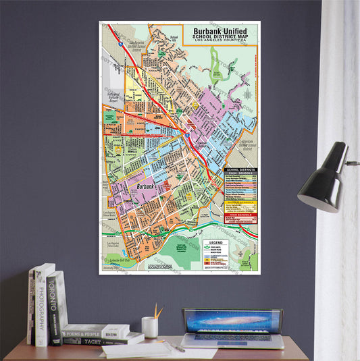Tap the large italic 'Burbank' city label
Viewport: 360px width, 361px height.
point(147,187)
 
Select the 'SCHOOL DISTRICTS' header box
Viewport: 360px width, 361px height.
point(240,169)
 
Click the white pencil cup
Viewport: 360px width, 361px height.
point(151,328)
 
